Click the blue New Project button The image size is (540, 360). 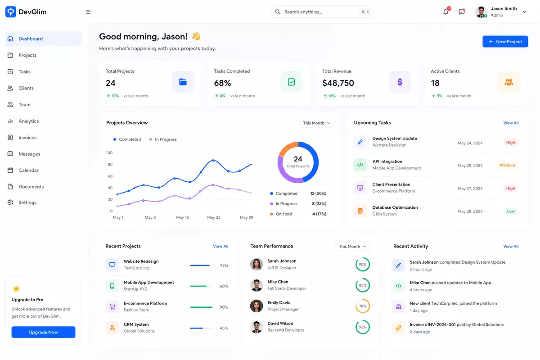(505, 41)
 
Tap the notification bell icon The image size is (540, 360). (446, 12)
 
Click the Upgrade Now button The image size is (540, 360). (43, 332)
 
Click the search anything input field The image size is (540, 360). (322, 12)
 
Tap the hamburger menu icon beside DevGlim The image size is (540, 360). (88, 12)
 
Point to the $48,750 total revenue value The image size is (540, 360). (338, 83)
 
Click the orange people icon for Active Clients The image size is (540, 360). (508, 82)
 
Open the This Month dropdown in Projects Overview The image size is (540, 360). (316, 123)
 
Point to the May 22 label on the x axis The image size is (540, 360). (214, 217)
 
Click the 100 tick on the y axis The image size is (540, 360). (109, 153)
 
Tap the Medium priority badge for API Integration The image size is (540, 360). (507, 165)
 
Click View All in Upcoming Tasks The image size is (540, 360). (511, 123)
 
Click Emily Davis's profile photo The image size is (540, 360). (256, 306)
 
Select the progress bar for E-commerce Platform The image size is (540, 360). (202, 307)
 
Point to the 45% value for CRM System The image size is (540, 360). (224, 328)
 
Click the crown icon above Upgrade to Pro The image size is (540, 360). (16, 288)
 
